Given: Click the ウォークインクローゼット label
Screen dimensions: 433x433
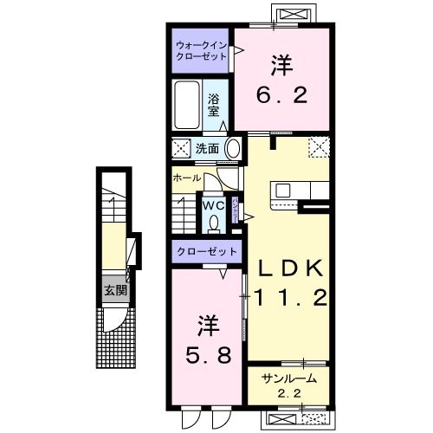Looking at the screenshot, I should (x=201, y=49).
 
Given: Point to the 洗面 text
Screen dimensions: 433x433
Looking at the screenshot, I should (x=206, y=148).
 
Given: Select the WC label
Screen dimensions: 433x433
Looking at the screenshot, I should (x=214, y=205).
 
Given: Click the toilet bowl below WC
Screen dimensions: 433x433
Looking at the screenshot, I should (x=214, y=222).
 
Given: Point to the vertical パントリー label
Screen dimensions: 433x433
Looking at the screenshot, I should (x=235, y=210).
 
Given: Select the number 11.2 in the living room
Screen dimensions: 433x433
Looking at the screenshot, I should (x=289, y=299).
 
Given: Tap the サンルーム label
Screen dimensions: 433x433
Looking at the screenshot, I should (x=288, y=378).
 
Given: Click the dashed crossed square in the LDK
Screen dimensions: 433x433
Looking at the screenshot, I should (x=318, y=148).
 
